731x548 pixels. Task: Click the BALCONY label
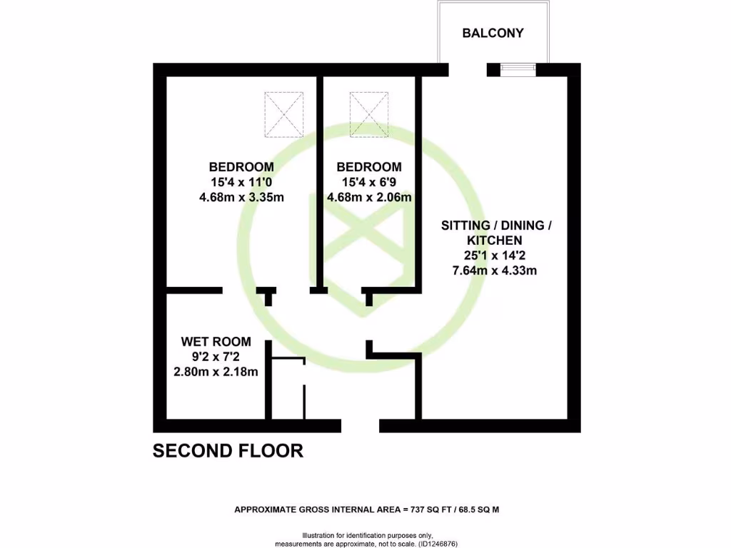click(493, 33)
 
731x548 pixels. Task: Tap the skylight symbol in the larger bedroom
click(284, 113)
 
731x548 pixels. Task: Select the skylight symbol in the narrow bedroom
click(369, 113)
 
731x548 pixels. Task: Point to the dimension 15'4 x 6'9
click(369, 183)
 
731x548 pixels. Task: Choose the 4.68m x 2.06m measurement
click(369, 198)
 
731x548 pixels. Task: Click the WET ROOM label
click(216, 342)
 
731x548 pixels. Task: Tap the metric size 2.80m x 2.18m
click(216, 372)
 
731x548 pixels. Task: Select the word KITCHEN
click(496, 240)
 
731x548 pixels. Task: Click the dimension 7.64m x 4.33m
click(496, 270)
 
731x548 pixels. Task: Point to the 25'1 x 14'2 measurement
click(496, 255)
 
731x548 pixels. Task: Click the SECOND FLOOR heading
click(228, 451)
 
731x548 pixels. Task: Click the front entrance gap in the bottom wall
click(360, 426)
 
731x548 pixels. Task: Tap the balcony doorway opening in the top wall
click(468, 69)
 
